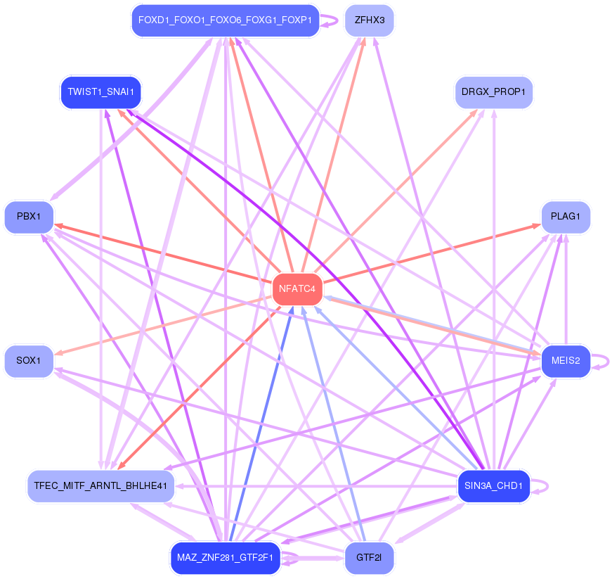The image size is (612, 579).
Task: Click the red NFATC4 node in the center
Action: coord(297,289)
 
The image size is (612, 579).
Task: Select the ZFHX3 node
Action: coord(369,20)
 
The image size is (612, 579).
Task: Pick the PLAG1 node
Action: coord(565,217)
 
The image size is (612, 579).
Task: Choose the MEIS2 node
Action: coord(565,361)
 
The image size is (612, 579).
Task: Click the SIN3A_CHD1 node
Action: coord(493,486)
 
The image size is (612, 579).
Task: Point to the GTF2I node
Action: coord(368,558)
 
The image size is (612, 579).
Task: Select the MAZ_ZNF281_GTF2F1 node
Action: coord(225,558)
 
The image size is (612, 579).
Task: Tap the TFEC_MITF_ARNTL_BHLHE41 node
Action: coord(100,486)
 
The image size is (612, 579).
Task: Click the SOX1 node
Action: coord(29,361)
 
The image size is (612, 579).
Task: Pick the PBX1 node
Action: coord(29,217)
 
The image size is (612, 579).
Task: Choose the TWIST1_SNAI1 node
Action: coord(100,92)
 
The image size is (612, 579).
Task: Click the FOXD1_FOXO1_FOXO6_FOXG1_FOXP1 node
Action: coord(225,20)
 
